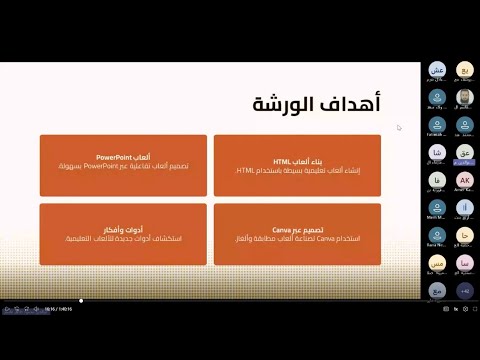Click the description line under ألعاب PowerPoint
[x=124, y=168]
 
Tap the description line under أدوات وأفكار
[x=124, y=239]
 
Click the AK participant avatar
[x=465, y=181]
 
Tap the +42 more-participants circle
[x=465, y=290]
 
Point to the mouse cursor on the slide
[x=399, y=127]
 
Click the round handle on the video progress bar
[x=81, y=300]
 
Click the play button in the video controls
[x=7, y=310]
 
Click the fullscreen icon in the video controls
[x=470, y=310]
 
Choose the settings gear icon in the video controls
[x=440, y=310]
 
